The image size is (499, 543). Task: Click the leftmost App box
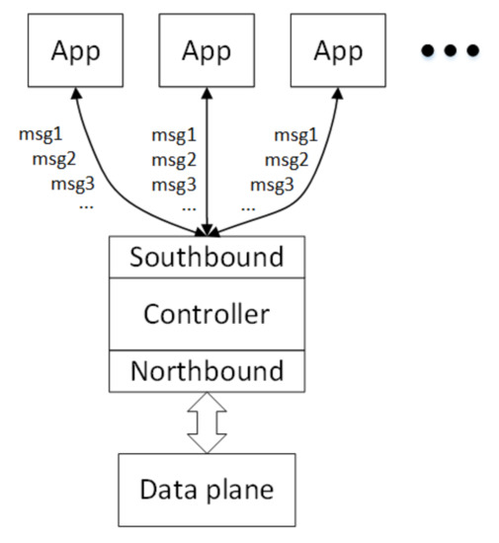click(x=74, y=48)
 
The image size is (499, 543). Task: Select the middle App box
click(x=207, y=48)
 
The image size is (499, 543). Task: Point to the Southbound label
click(x=207, y=258)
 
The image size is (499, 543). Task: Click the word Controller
click(x=207, y=314)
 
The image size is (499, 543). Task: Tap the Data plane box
click(x=207, y=489)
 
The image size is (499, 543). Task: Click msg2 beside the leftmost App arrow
click(x=53, y=158)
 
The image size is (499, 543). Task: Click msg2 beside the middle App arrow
click(x=173, y=159)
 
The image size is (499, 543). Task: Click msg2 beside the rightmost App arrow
click(x=285, y=159)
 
